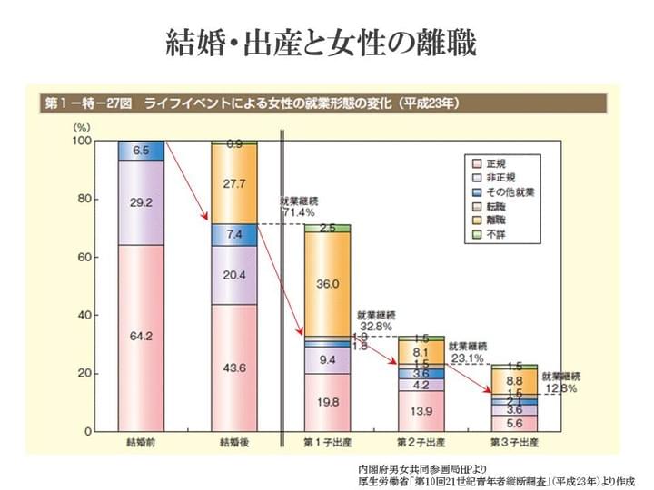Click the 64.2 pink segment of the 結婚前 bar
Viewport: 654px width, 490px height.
pyautogui.click(x=141, y=337)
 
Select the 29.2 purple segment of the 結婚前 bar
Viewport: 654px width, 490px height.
pyautogui.click(x=141, y=202)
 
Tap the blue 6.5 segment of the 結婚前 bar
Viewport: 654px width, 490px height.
pyautogui.click(x=141, y=151)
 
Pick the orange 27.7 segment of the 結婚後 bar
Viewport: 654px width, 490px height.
pyautogui.click(x=233, y=183)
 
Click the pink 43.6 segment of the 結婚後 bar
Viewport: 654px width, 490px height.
pyautogui.click(x=233, y=367)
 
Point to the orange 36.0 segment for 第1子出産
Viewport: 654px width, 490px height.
pyautogui.click(x=327, y=284)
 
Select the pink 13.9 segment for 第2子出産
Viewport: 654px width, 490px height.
pyautogui.click(x=420, y=410)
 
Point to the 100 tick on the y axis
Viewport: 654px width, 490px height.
pyautogui.click(x=83, y=142)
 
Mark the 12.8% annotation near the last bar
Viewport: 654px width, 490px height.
pyautogui.click(x=560, y=387)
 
